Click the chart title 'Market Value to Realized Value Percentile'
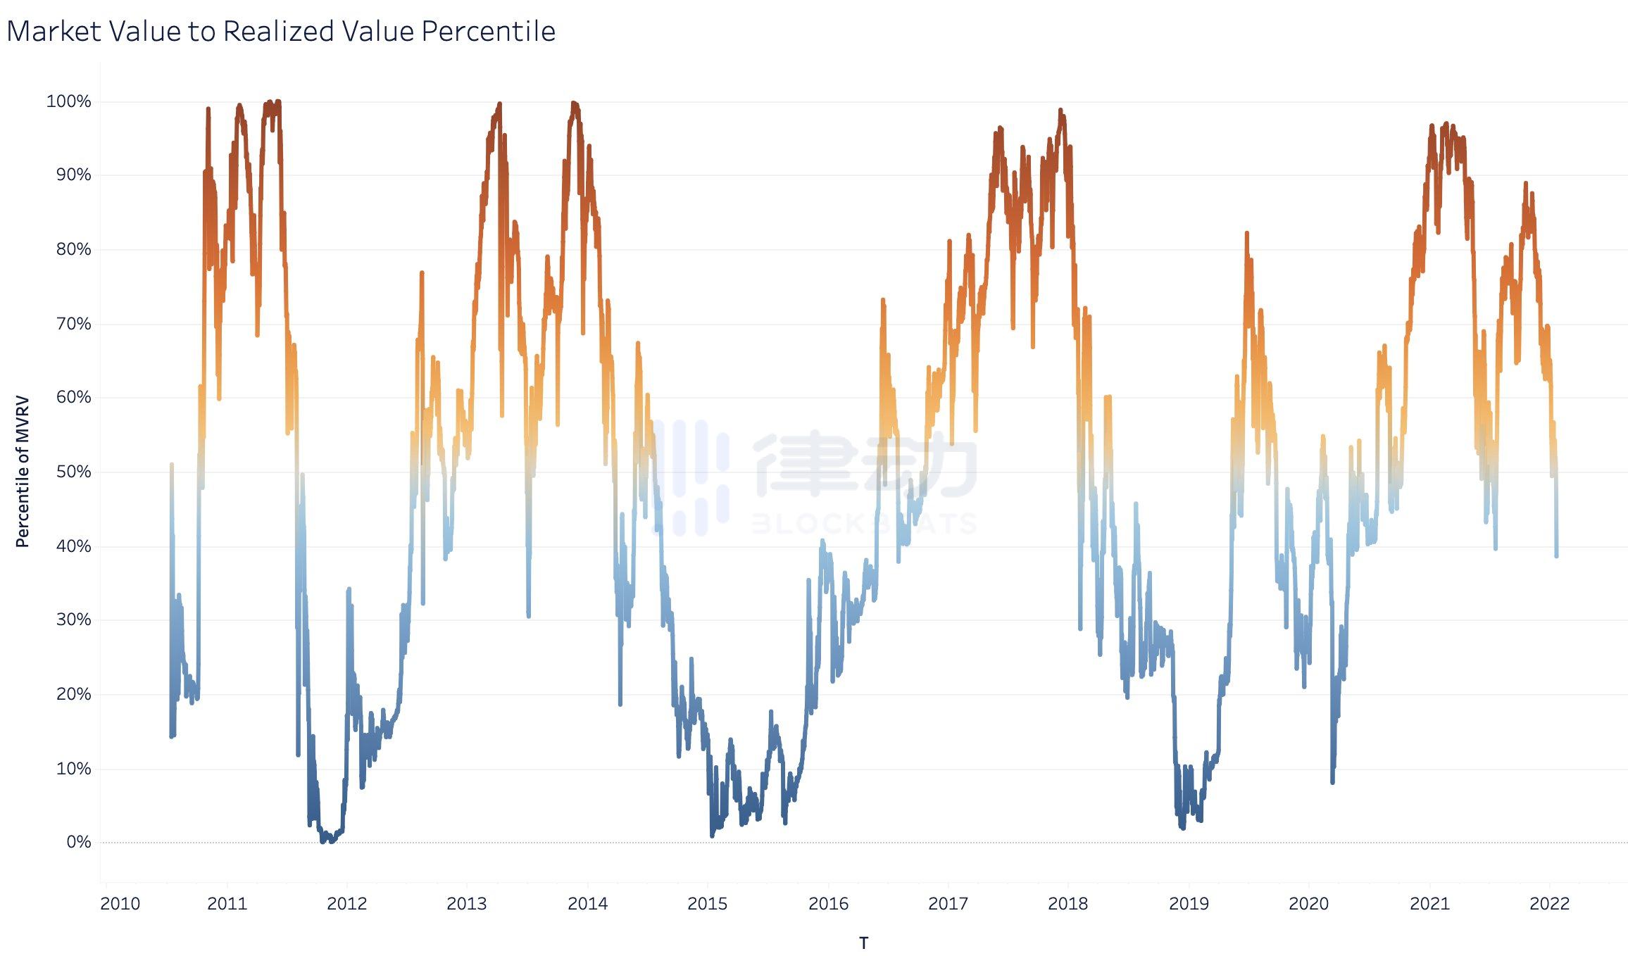281,31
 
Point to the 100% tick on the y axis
68,101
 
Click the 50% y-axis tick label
73,472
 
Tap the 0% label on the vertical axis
78,842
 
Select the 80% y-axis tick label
73,249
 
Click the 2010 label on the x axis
120,904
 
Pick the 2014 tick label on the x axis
587,904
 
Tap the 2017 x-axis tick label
948,904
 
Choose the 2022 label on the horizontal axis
1549,904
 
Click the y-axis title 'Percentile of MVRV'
23,471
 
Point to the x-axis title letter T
863,943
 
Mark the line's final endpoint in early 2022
1556,556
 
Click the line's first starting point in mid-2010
172,465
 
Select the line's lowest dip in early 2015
712,836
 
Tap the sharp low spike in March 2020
1332,781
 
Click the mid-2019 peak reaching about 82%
1246,232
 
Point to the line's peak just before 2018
1060,110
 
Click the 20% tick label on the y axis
73,694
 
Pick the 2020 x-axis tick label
1308,904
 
